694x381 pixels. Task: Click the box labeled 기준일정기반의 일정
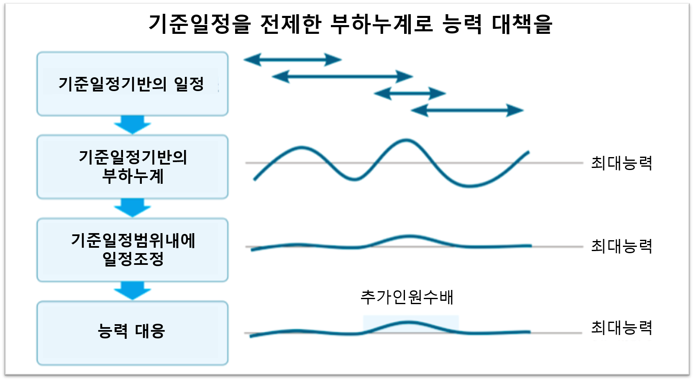132,84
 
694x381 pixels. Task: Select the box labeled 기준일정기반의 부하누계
132,167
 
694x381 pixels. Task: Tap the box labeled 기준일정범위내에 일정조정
132,250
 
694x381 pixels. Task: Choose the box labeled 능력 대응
132,333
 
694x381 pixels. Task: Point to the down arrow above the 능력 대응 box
132,291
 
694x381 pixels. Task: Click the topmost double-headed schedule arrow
292,60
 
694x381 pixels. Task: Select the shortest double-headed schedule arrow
410,93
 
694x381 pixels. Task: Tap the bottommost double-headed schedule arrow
467,110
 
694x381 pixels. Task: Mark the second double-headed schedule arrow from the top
342,76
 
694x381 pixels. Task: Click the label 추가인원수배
407,297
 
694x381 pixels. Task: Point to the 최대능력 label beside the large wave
622,163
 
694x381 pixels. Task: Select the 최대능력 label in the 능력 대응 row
622,328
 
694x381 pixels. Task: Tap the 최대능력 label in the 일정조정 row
622,246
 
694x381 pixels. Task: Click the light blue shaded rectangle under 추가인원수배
411,324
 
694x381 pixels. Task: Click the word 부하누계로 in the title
382,24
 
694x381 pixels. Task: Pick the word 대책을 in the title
522,24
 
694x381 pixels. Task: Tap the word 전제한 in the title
291,24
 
